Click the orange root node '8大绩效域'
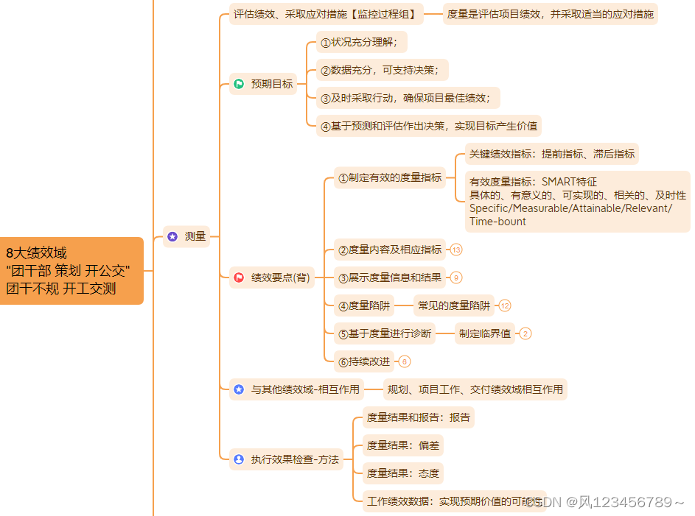[71, 270]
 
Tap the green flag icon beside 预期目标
[239, 84]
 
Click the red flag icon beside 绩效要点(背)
[239, 278]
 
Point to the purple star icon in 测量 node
[172, 236]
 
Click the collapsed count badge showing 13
[456, 250]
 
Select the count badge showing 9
[456, 278]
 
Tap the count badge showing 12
[505, 305]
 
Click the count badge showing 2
[525, 333]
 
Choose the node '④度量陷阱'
[363, 305]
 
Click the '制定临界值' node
[484, 333]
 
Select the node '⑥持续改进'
[364, 361]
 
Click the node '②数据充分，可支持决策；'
[382, 70]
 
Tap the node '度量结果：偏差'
[402, 445]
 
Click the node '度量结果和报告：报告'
[418, 417]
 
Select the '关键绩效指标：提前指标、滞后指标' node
[551, 154]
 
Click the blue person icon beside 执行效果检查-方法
[239, 459]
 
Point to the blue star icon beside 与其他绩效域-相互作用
[239, 389]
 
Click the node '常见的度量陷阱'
[453, 305]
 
